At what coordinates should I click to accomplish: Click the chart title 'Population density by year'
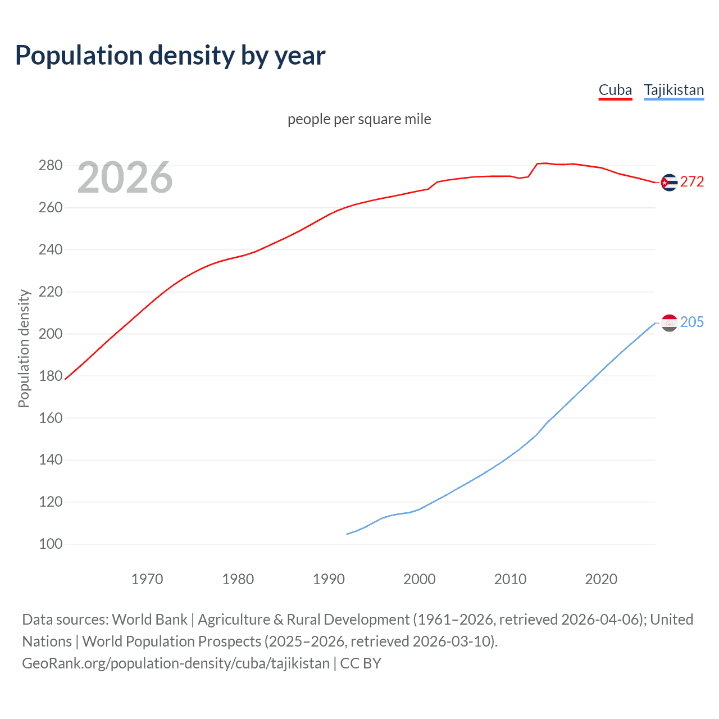point(170,55)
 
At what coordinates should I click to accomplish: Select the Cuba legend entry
point(615,90)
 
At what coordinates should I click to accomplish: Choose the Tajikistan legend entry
point(674,90)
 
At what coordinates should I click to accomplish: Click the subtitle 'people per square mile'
point(359,119)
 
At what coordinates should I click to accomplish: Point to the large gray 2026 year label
point(125,178)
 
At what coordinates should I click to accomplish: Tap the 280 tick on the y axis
point(50,165)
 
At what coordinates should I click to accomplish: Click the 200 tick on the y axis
point(50,334)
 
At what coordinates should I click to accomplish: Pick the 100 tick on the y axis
point(50,544)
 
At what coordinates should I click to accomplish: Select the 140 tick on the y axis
point(50,459)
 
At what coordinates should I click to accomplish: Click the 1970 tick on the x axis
point(147,579)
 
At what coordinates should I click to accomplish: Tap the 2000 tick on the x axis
point(420,579)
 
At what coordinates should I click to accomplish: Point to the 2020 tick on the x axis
point(601,579)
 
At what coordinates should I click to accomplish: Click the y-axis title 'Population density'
point(24,348)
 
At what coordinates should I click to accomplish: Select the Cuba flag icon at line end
point(669,183)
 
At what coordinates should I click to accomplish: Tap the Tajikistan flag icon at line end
point(669,323)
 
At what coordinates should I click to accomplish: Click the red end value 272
point(692,181)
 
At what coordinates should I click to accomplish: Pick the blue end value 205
point(692,322)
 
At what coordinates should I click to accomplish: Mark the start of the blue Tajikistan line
point(347,534)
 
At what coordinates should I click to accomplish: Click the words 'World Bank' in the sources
point(149,619)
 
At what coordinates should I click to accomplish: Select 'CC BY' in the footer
point(361,663)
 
